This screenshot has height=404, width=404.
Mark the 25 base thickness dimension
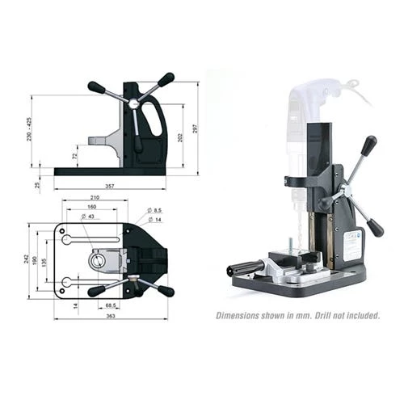coord(37,184)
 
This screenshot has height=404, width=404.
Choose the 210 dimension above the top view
coord(95,197)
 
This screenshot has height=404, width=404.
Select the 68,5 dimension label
coord(113,305)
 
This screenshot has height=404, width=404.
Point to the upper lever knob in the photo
coord(369,145)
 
